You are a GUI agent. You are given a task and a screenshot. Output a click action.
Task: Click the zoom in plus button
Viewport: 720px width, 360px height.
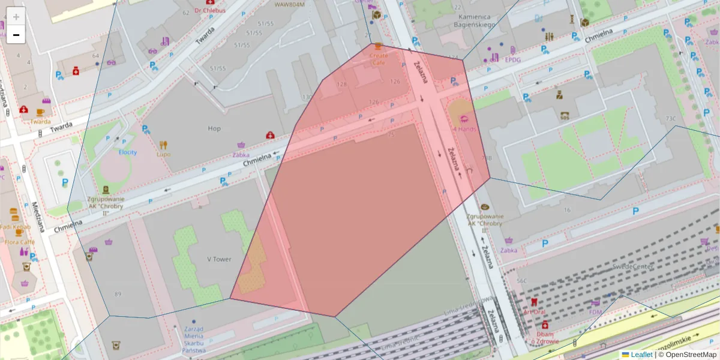click(16, 17)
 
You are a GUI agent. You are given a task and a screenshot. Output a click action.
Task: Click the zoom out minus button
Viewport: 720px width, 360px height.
click(16, 35)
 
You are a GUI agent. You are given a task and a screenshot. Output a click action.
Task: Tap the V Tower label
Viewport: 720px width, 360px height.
click(219, 259)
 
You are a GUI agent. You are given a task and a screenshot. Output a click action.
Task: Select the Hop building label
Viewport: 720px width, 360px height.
click(214, 128)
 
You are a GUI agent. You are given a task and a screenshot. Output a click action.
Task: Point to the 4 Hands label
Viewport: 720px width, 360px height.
click(464, 129)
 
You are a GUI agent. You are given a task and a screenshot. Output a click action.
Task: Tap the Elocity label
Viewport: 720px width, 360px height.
click(127, 152)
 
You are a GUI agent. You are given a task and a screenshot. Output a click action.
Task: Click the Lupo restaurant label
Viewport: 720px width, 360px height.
click(163, 154)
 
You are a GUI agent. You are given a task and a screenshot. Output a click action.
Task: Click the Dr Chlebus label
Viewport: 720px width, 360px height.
click(209, 11)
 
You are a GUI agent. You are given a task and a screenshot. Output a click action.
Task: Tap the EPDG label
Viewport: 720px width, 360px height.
click(512, 60)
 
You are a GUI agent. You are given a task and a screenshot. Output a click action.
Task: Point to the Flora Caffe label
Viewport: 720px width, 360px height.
click(19, 242)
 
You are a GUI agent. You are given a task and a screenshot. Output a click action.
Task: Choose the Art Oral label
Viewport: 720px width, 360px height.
click(534, 311)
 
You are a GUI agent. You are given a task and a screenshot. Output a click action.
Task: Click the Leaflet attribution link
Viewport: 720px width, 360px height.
click(641, 355)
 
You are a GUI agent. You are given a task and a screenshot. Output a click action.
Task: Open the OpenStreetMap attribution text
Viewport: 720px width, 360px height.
click(687, 355)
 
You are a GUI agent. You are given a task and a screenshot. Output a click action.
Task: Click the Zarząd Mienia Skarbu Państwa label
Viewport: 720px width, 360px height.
click(194, 340)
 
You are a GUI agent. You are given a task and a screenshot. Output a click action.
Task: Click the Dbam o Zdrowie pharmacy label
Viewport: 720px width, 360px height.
click(545, 338)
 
